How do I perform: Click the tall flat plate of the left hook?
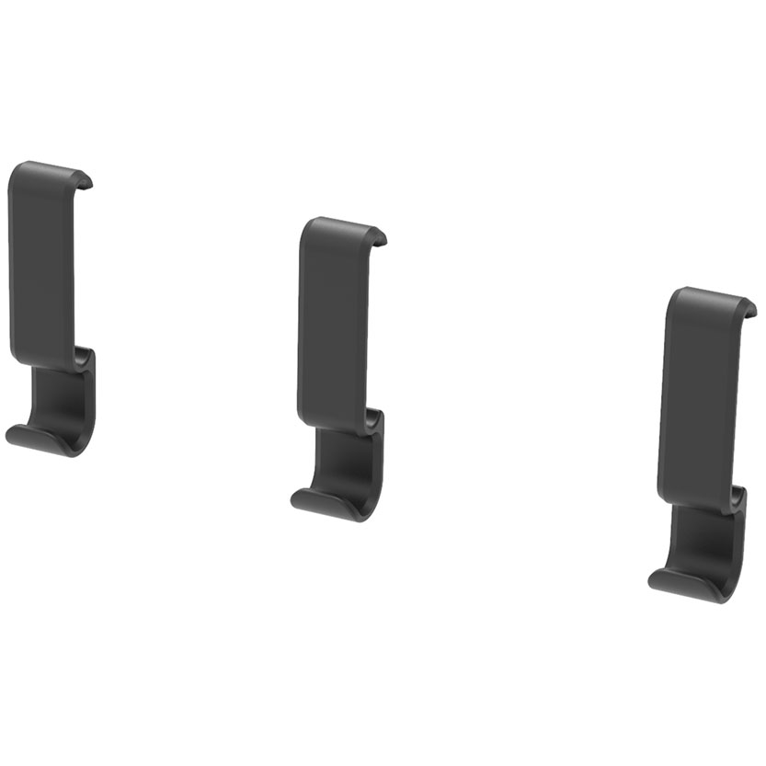pos(41,267)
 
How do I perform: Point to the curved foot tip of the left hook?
pos(18,435)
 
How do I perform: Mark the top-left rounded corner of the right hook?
pos(673,295)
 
